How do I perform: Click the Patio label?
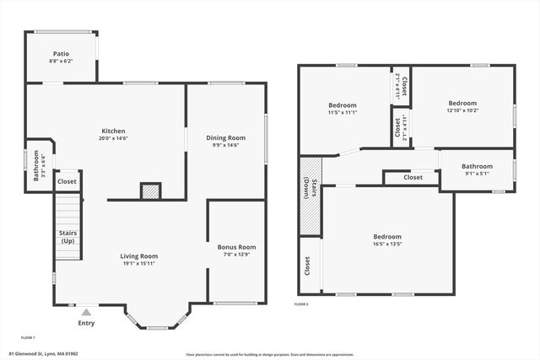61,53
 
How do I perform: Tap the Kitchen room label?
113,131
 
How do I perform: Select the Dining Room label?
226,137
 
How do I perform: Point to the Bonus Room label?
236,247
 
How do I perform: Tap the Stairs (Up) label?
67,237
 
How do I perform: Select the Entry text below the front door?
86,323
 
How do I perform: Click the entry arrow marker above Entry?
86,310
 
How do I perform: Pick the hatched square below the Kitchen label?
149,191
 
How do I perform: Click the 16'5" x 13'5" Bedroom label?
388,237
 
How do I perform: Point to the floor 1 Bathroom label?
36,165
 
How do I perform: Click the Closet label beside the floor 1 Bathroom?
67,181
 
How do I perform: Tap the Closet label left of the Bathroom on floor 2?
413,178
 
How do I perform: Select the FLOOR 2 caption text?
301,304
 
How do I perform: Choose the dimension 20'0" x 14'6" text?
113,139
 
